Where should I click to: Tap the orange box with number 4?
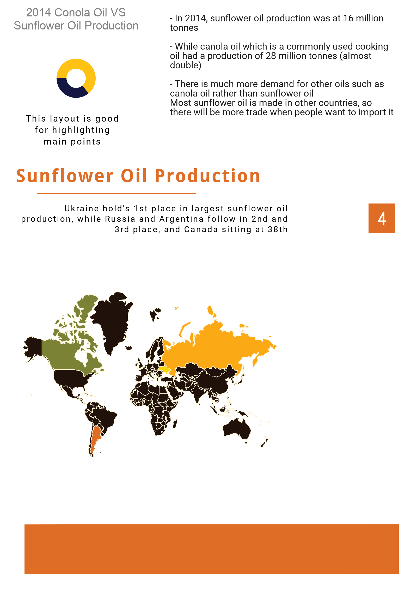(x=382, y=218)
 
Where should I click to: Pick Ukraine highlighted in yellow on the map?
(x=164, y=369)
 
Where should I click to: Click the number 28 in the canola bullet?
(x=271, y=56)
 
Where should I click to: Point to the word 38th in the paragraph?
(x=278, y=229)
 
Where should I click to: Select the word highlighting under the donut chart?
(x=81, y=130)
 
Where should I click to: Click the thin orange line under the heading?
(x=116, y=193)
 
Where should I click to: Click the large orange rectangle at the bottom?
(x=212, y=549)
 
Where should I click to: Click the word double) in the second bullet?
(x=186, y=65)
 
